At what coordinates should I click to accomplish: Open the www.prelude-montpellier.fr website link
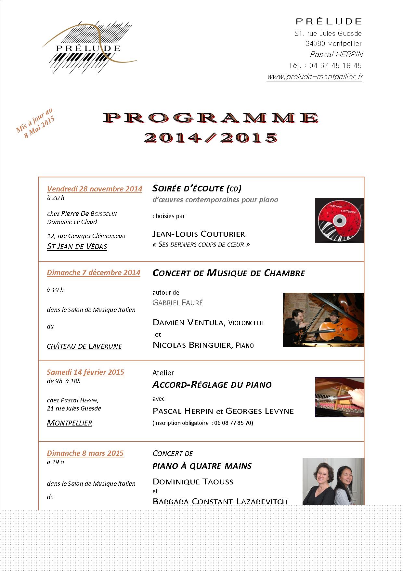[x=314, y=77]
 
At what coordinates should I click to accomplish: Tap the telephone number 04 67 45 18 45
[x=335, y=65]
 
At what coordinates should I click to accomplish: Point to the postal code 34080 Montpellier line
[x=333, y=44]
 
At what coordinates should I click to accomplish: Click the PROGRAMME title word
[x=211, y=118]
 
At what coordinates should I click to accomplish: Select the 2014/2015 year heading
[x=211, y=137]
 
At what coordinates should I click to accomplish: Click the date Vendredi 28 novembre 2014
[x=95, y=189]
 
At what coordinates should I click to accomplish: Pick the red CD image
[x=339, y=220]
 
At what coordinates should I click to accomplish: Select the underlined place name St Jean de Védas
[x=77, y=246]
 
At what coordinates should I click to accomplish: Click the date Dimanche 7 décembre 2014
[x=94, y=272]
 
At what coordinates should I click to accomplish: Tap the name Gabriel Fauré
[x=177, y=303]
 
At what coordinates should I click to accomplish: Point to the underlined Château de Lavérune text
[x=84, y=346]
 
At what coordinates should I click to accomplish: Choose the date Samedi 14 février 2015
[x=85, y=372]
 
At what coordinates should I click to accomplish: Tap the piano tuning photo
[x=339, y=397]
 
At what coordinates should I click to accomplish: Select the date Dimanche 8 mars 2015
[x=85, y=453]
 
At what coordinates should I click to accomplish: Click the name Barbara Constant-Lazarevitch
[x=220, y=501]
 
